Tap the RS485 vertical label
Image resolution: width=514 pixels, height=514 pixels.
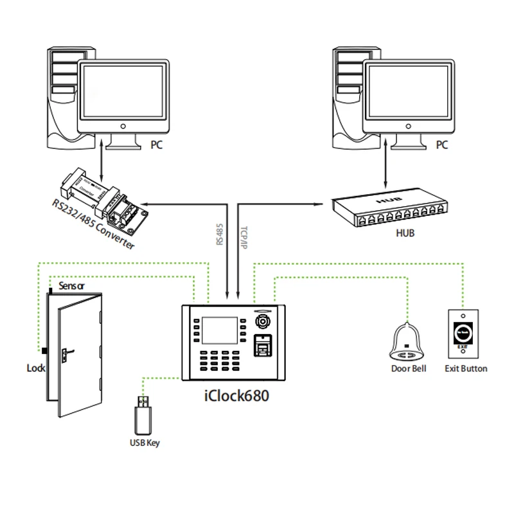pos(220,235)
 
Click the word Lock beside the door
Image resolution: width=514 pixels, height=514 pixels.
pos(36,368)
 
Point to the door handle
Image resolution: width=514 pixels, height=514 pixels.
pos(66,352)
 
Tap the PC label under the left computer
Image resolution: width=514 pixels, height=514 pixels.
pos(156,146)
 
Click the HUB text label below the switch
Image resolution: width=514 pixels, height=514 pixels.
pos(405,233)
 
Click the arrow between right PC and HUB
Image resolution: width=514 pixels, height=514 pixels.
pos(385,172)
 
